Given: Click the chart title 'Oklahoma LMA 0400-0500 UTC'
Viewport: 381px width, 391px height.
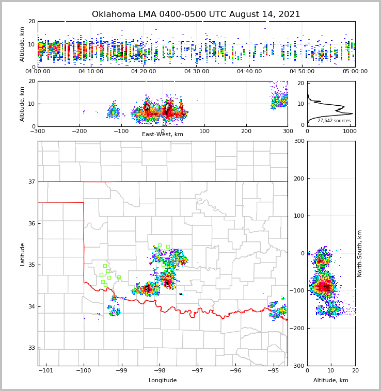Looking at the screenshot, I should pos(196,14).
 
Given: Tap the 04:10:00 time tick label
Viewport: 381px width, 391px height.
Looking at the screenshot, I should pos(91,71).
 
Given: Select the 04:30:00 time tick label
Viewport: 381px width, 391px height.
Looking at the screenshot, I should pos(197,71).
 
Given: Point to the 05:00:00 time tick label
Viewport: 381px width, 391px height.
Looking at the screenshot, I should pos(355,71).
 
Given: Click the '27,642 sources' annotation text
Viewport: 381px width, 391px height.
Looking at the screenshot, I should pos(334,121).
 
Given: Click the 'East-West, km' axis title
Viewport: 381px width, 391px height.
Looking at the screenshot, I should pos(163,135).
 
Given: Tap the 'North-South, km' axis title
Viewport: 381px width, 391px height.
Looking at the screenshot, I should pos(360,253).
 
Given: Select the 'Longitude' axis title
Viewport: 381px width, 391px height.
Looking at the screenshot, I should pos(163,381).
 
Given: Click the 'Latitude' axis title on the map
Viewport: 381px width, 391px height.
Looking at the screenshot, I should pos(23,254).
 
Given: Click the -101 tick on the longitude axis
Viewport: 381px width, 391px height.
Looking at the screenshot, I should pos(46,370).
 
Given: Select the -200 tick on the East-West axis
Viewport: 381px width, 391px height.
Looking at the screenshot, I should pos(80,131).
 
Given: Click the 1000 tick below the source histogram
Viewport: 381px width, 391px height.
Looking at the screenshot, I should pos(350,131).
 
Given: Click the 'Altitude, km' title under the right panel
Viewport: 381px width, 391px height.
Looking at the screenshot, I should pos(331,381).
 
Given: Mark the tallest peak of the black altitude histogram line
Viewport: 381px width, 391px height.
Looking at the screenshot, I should pos(352,113).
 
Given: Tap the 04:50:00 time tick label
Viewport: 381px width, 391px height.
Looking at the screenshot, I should pos(302,71).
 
